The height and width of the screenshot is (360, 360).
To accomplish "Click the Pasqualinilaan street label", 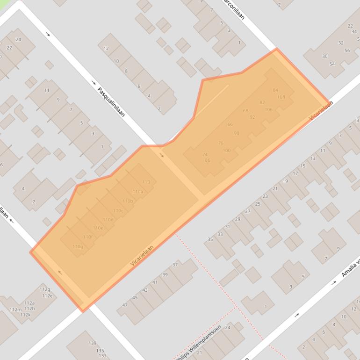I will click(111, 101).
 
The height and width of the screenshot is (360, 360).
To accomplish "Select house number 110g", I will click(78, 247).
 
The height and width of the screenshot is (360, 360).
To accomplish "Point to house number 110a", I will click(137, 192).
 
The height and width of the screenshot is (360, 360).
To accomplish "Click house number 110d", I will click(108, 220).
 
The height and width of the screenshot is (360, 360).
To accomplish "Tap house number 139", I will click(93, 344).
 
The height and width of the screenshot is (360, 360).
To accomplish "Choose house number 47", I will click(125, 305).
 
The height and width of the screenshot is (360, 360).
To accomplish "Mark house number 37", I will click(175, 265).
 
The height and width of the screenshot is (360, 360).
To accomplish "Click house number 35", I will click(210, 239).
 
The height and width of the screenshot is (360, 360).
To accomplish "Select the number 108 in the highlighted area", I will click(281, 97).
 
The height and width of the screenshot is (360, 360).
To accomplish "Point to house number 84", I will click(275, 90).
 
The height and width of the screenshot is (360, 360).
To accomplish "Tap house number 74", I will click(205, 154).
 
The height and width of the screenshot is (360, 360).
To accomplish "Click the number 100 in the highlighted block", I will click(227, 151).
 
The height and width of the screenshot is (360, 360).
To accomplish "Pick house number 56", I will click(346, 50).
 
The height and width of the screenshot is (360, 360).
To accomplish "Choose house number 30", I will click(325, 57).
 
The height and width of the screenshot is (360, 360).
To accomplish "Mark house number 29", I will click(238, 219).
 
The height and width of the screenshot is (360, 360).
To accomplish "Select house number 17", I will click(295, 173).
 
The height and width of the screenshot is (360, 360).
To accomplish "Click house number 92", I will click(252, 117).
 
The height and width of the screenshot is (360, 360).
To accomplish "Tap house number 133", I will click(102, 356).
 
